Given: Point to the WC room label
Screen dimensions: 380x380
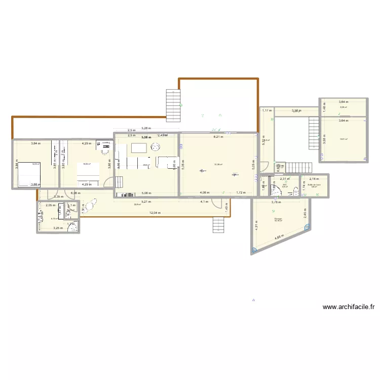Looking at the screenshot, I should click(285, 185).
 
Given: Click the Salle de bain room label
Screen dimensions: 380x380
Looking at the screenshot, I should click(314, 185).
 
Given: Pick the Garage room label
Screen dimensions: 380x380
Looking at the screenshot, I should click(278, 219).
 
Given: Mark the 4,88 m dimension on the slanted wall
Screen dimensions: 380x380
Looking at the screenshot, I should click(279, 238).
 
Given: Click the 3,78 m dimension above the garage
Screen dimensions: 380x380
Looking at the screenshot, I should click(276, 203).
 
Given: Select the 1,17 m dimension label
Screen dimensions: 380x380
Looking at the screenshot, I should click(266, 110).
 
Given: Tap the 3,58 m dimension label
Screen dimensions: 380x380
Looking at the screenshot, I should click(295, 110).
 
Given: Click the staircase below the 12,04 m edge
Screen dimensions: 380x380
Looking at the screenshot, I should click(218, 224).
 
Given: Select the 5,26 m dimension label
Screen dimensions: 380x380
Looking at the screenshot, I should click(146, 129).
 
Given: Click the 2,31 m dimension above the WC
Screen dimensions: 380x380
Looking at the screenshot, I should click(285, 179).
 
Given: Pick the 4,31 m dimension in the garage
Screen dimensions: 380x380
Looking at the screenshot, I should click(257, 227).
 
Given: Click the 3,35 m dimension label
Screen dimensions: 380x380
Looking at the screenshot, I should click(58, 197).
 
